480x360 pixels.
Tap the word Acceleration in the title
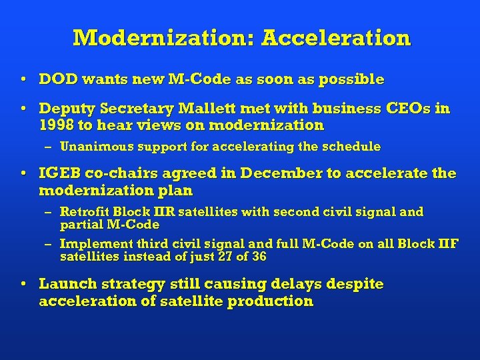pos(336,37)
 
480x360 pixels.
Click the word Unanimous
pos(93,146)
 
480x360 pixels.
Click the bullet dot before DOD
pos(24,79)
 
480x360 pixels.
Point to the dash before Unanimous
pos(50,146)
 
